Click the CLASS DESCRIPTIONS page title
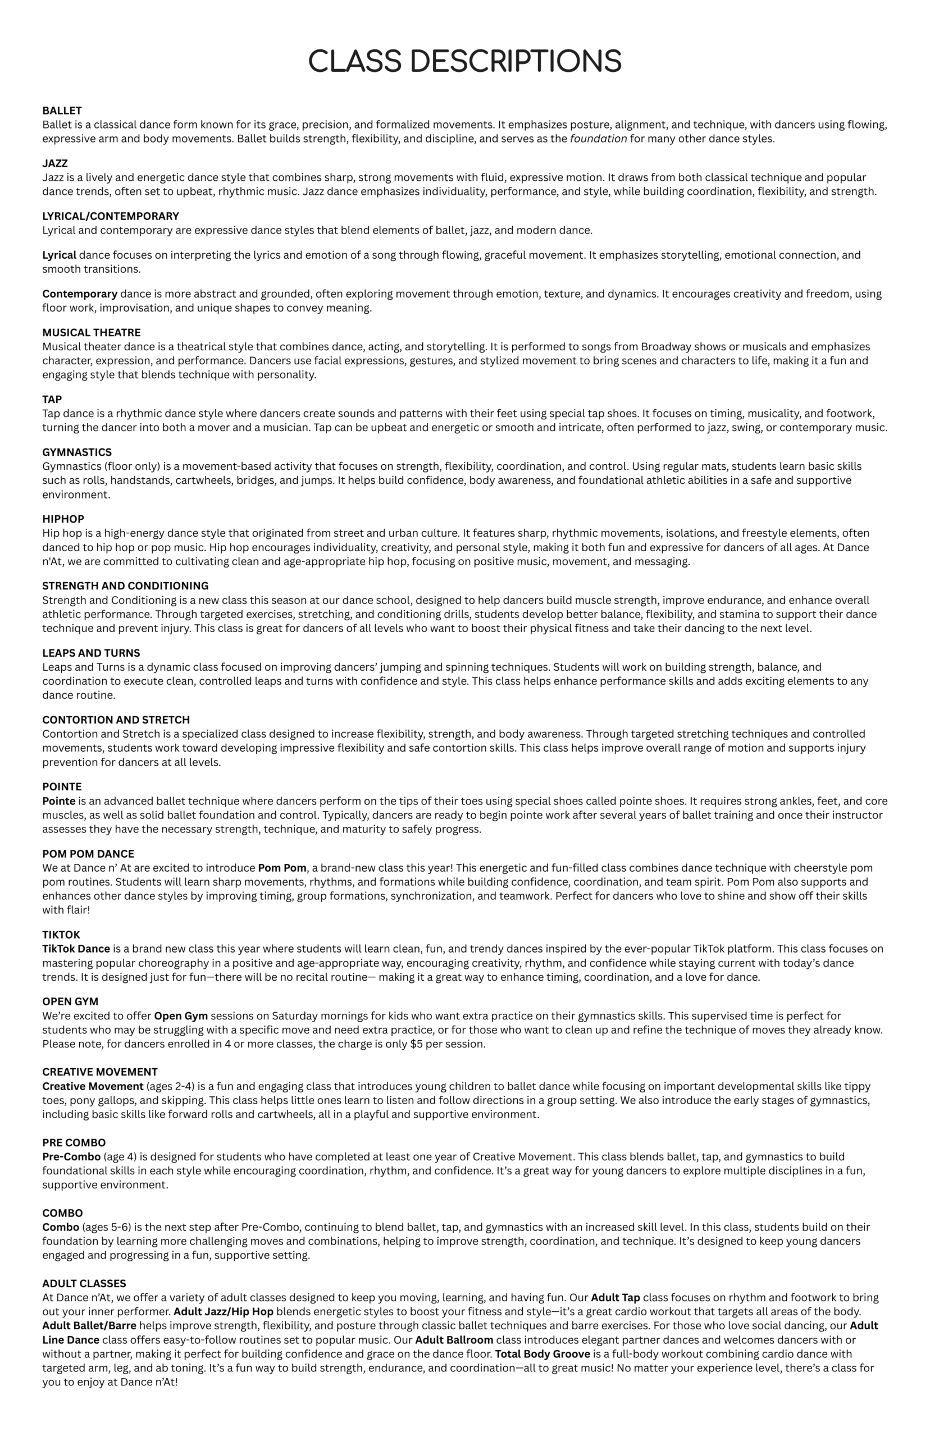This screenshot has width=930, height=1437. click(464, 62)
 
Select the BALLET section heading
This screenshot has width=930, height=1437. click(62, 111)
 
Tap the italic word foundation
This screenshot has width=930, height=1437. click(598, 139)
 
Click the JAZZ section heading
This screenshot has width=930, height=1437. click(55, 163)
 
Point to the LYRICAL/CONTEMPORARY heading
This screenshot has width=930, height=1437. click(111, 216)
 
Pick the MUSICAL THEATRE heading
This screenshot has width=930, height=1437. click(91, 332)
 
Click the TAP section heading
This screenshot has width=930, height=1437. click(52, 400)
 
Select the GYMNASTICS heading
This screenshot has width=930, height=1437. click(77, 452)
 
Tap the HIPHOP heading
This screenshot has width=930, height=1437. click(63, 519)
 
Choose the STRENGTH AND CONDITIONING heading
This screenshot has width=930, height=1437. click(125, 586)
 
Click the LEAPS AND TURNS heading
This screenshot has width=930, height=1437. click(91, 653)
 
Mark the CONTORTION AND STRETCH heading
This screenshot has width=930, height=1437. click(116, 720)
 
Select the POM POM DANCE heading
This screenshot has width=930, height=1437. click(88, 854)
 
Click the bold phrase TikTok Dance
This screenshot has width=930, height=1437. click(76, 949)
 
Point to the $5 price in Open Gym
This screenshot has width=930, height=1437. click(416, 1044)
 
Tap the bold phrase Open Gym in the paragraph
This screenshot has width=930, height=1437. click(181, 1017)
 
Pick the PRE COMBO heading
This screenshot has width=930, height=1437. click(74, 1143)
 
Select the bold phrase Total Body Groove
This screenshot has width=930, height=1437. click(542, 1354)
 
